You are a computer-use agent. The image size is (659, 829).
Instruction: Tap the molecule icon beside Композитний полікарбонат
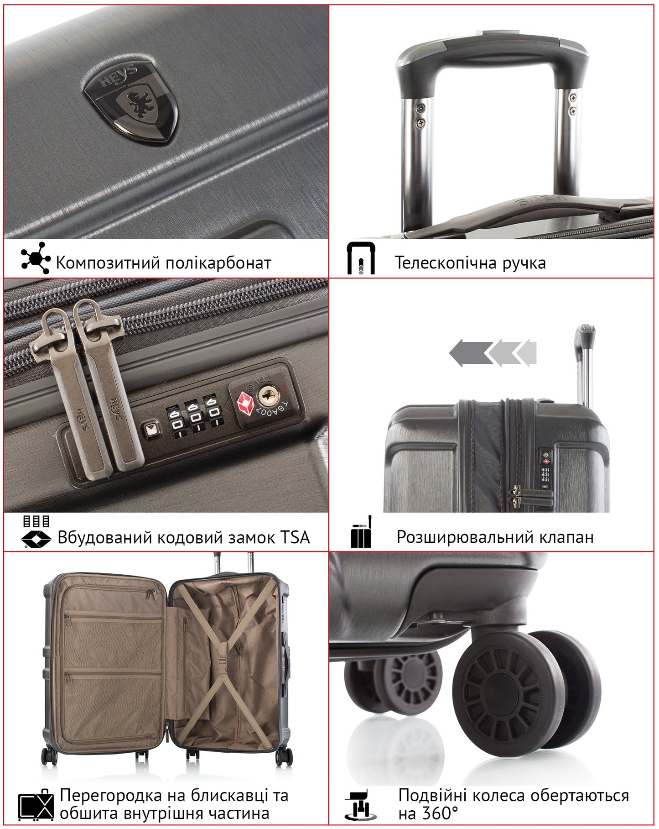pyautogui.click(x=35, y=259)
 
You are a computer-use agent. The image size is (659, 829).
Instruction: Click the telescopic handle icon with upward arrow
pyautogui.click(x=361, y=259)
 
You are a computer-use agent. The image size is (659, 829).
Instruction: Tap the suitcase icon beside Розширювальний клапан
pyautogui.click(x=362, y=532)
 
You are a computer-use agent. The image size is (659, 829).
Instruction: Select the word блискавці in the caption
pyautogui.click(x=226, y=795)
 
